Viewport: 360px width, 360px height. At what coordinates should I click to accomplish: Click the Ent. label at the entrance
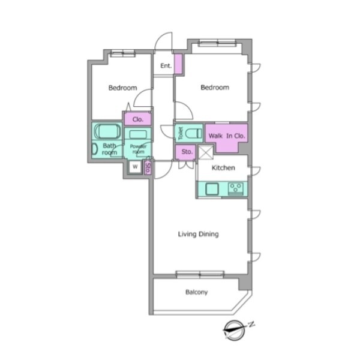click(166, 66)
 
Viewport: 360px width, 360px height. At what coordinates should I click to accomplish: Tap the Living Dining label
click(199, 234)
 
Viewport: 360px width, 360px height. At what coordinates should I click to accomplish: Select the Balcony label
click(197, 292)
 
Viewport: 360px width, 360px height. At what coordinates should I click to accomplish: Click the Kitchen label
click(223, 168)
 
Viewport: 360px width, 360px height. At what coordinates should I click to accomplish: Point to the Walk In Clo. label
click(227, 136)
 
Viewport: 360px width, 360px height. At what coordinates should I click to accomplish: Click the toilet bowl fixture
click(193, 133)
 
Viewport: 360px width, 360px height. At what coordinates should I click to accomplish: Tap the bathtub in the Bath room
click(107, 131)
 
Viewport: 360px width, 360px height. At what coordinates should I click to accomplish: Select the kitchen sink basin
click(212, 189)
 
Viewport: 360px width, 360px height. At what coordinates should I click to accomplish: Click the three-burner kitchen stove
click(236, 189)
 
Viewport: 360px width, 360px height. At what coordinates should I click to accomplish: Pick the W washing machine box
click(135, 167)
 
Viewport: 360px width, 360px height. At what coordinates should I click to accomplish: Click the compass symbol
click(234, 331)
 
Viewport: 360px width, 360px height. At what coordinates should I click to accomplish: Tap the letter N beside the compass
click(252, 324)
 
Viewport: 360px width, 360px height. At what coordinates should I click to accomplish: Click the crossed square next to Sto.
click(206, 152)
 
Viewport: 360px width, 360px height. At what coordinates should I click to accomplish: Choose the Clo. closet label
click(138, 119)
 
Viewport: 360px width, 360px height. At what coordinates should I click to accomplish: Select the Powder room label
click(138, 149)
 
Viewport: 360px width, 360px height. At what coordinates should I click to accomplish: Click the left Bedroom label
click(122, 88)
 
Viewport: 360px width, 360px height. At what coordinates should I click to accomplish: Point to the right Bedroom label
click(215, 88)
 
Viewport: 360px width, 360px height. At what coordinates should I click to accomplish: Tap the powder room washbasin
click(138, 134)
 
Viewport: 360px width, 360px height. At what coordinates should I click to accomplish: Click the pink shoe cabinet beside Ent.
click(178, 64)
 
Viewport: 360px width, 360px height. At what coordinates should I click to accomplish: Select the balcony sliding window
click(200, 275)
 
